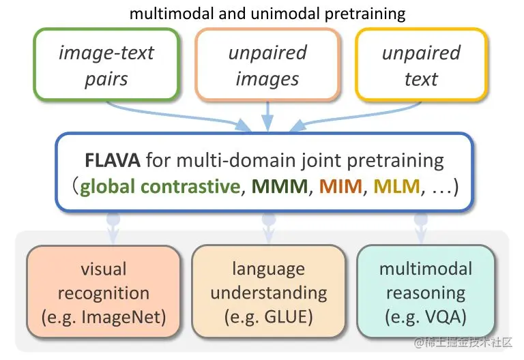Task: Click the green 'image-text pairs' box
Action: click(106, 65)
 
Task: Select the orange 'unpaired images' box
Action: click(267, 65)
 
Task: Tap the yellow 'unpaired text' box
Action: click(421, 65)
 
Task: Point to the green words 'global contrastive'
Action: click(160, 186)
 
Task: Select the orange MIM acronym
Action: click(340, 186)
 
